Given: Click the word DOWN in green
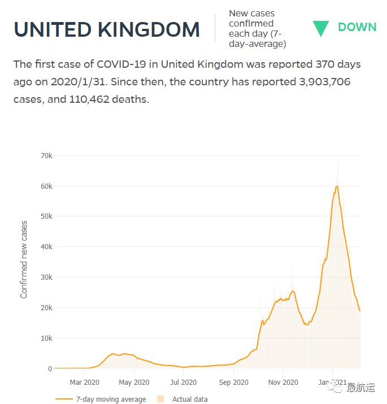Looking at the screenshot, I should [x=357, y=27].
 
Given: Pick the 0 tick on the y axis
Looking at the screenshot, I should [x=50, y=369].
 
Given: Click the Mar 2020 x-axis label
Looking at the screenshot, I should [x=84, y=383].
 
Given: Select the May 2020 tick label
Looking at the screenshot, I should [x=134, y=383].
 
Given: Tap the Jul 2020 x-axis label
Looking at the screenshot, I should [x=183, y=383].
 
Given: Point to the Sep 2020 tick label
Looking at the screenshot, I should [x=233, y=383].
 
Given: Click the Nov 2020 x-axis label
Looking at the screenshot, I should [x=282, y=383].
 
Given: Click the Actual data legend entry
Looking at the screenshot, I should [x=189, y=399].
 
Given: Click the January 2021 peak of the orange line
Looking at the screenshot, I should [x=337, y=186].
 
